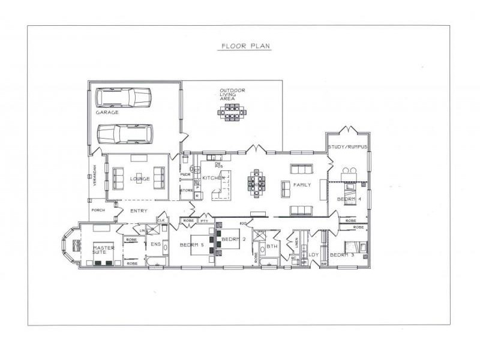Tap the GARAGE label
(107, 112)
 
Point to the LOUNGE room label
(139, 178)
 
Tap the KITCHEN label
(212, 178)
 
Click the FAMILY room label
(302, 185)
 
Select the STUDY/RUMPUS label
(347, 147)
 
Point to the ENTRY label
(139, 211)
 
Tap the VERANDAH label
(93, 177)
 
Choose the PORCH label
(98, 210)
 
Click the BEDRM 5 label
(193, 244)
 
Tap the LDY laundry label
(313, 254)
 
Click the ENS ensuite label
(155, 244)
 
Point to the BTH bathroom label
(272, 246)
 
